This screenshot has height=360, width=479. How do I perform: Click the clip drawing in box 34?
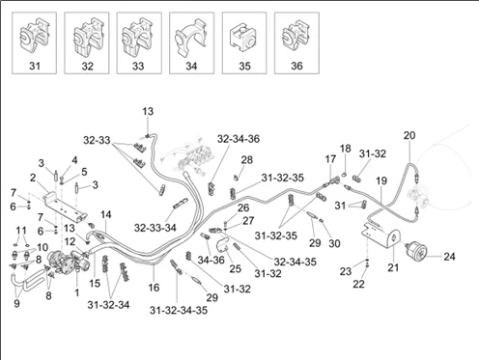coord(191,39)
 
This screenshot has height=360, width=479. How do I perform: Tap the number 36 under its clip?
coord(296,66)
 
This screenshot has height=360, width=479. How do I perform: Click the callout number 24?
coord(450,257)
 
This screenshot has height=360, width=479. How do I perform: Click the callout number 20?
coord(409,135)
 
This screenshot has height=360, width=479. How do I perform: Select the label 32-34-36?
coord(239,139)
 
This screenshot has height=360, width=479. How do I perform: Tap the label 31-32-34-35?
coord(179,310)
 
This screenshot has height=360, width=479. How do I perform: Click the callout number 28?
coord(247,159)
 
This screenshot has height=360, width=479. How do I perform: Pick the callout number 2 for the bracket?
coord(33,178)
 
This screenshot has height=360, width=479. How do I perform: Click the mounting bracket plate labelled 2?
coord(66,208)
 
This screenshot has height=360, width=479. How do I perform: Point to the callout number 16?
coord(154,287)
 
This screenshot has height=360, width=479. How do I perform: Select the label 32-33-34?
coord(155,228)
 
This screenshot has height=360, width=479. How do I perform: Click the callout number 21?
coord(393,267)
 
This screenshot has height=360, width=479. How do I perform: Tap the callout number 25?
coord(236,268)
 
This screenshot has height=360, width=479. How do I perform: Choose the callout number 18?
coord(345,149)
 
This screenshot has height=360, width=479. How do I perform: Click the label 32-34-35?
coord(296,262)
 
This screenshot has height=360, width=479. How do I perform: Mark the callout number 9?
coord(16,303)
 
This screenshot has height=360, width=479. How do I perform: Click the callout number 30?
coord(334,243)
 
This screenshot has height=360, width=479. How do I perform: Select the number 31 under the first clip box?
coord(35,66)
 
